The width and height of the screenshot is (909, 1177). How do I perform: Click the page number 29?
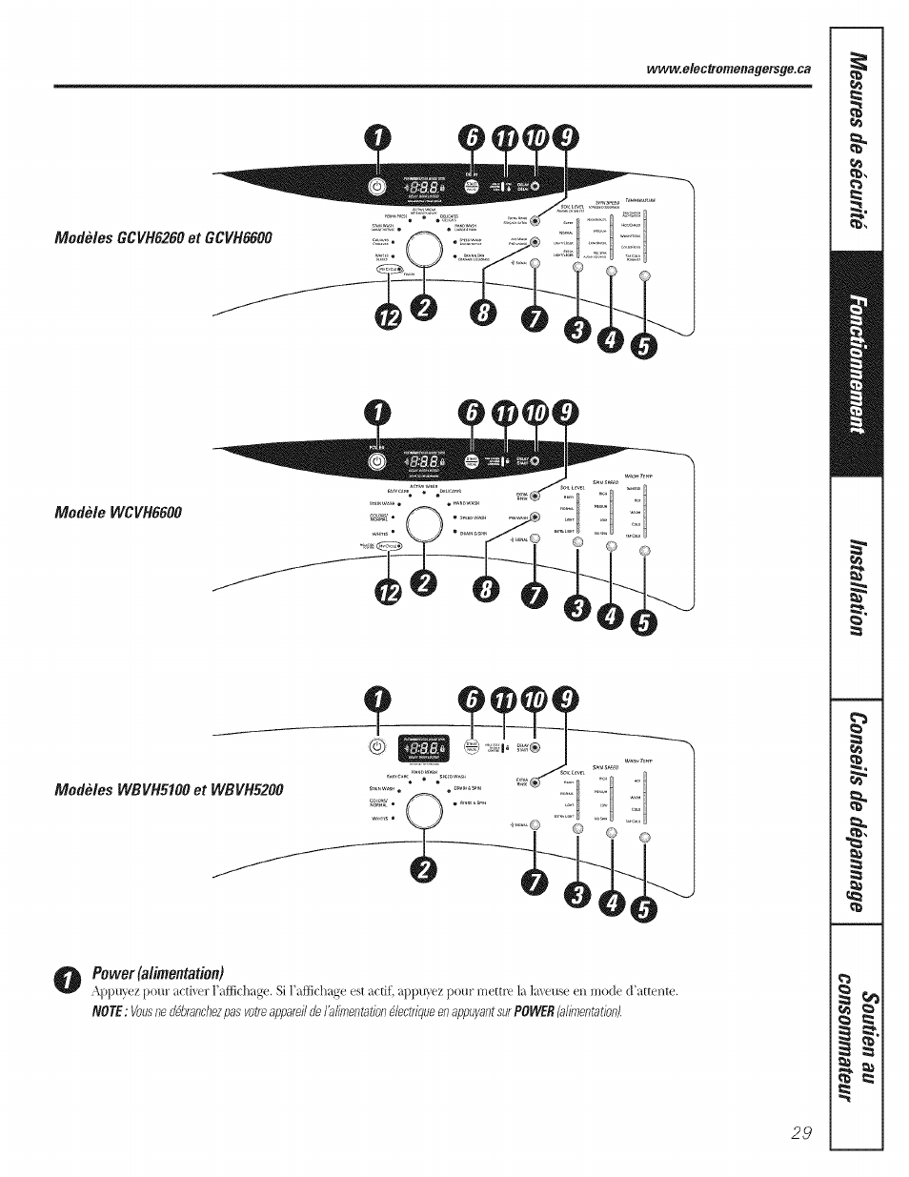point(800,1133)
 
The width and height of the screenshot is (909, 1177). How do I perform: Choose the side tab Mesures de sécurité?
point(858,138)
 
